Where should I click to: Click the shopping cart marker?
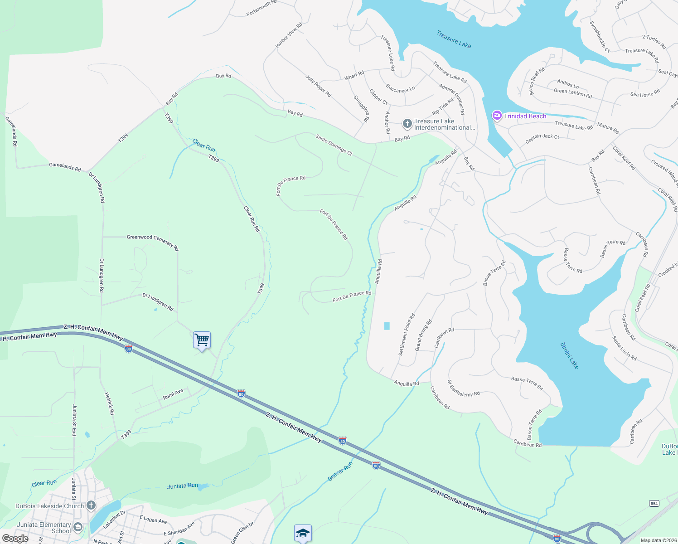202,340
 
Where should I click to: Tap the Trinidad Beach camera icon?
497,116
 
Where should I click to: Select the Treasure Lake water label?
454,39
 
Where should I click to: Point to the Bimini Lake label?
570,355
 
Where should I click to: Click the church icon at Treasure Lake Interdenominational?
407,123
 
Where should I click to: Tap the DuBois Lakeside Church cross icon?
91,505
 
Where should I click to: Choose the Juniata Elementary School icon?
78,527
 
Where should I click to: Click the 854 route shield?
654,504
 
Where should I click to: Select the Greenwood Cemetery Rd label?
153,242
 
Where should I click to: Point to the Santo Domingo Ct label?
334,145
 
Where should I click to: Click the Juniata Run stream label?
182,486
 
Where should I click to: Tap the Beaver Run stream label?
340,472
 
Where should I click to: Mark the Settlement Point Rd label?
407,335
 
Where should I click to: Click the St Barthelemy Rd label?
463,389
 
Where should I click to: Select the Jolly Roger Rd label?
318,86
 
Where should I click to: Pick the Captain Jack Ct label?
542,139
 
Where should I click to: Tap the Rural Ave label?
173,394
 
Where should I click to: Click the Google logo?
15,539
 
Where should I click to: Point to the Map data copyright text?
657,540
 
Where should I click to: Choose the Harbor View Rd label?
289,35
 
